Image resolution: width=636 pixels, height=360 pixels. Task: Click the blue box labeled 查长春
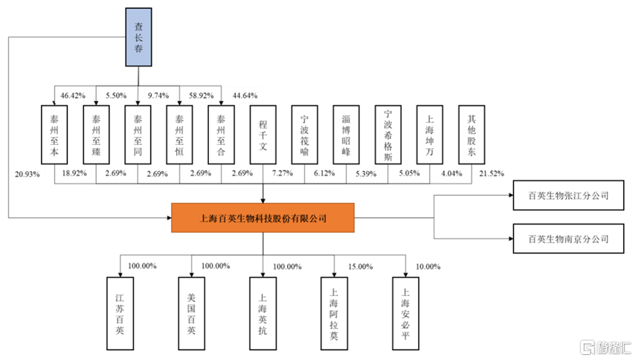coord(138,37)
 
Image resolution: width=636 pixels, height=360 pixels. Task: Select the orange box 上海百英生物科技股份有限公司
coord(263,218)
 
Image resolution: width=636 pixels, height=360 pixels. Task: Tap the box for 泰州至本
coord(54,135)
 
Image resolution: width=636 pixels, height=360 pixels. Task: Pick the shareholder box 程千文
coord(263,135)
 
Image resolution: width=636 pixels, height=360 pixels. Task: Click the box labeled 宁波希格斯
coord(388,135)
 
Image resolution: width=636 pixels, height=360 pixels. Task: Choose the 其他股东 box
coord(472,135)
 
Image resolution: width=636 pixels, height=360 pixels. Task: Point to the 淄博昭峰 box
coord(346,135)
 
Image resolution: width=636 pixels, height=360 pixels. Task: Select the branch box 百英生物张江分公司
coord(568,196)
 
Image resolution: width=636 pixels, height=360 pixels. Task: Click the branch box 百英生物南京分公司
coord(568,239)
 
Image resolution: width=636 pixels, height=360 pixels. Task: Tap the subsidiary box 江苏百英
coord(120,313)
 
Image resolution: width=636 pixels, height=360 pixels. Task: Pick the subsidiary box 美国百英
coord(191,313)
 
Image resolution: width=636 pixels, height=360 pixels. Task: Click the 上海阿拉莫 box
coord(334,313)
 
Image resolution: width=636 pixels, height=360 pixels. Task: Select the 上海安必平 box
coord(405,313)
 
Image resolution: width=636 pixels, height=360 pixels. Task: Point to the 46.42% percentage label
coord(73,96)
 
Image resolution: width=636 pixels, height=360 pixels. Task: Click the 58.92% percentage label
coord(201,96)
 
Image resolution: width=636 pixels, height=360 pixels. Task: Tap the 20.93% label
coord(28,174)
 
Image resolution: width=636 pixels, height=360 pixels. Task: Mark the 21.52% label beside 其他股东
coord(492,173)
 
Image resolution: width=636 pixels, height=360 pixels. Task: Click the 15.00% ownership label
coord(361,266)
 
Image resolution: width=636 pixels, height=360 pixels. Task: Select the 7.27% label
coord(283,173)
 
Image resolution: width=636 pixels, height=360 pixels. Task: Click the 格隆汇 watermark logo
coord(606,347)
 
